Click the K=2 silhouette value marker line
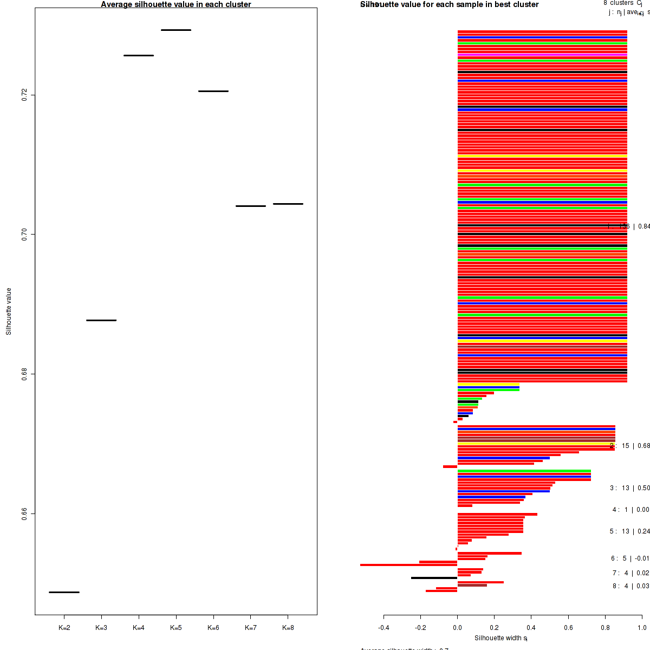pyautogui.click(x=64, y=592)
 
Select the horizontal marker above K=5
pyautogui.click(x=176, y=30)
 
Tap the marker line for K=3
pyautogui.click(x=101, y=320)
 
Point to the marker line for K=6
pyautogui.click(x=213, y=91)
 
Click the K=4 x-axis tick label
pyautogui.click(x=139, y=628)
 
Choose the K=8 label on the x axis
pyautogui.click(x=288, y=628)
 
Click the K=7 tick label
pyautogui.click(x=251, y=628)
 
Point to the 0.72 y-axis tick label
pyautogui.click(x=24, y=95)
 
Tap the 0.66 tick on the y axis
pyautogui.click(x=24, y=513)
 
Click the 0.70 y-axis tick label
pyautogui.click(x=24, y=234)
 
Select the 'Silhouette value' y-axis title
pyautogui.click(x=9, y=311)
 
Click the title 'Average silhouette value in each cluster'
pyautogui.click(x=176, y=4)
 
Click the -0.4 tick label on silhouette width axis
pyautogui.click(x=383, y=628)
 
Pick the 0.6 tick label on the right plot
pyautogui.click(x=568, y=628)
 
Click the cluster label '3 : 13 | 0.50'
pyautogui.click(x=629, y=488)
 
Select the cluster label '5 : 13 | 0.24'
pyautogui.click(x=629, y=531)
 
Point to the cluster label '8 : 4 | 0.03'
pyautogui.click(x=630, y=586)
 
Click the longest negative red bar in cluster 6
pyautogui.click(x=408, y=565)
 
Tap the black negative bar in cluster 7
pyautogui.click(x=434, y=578)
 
